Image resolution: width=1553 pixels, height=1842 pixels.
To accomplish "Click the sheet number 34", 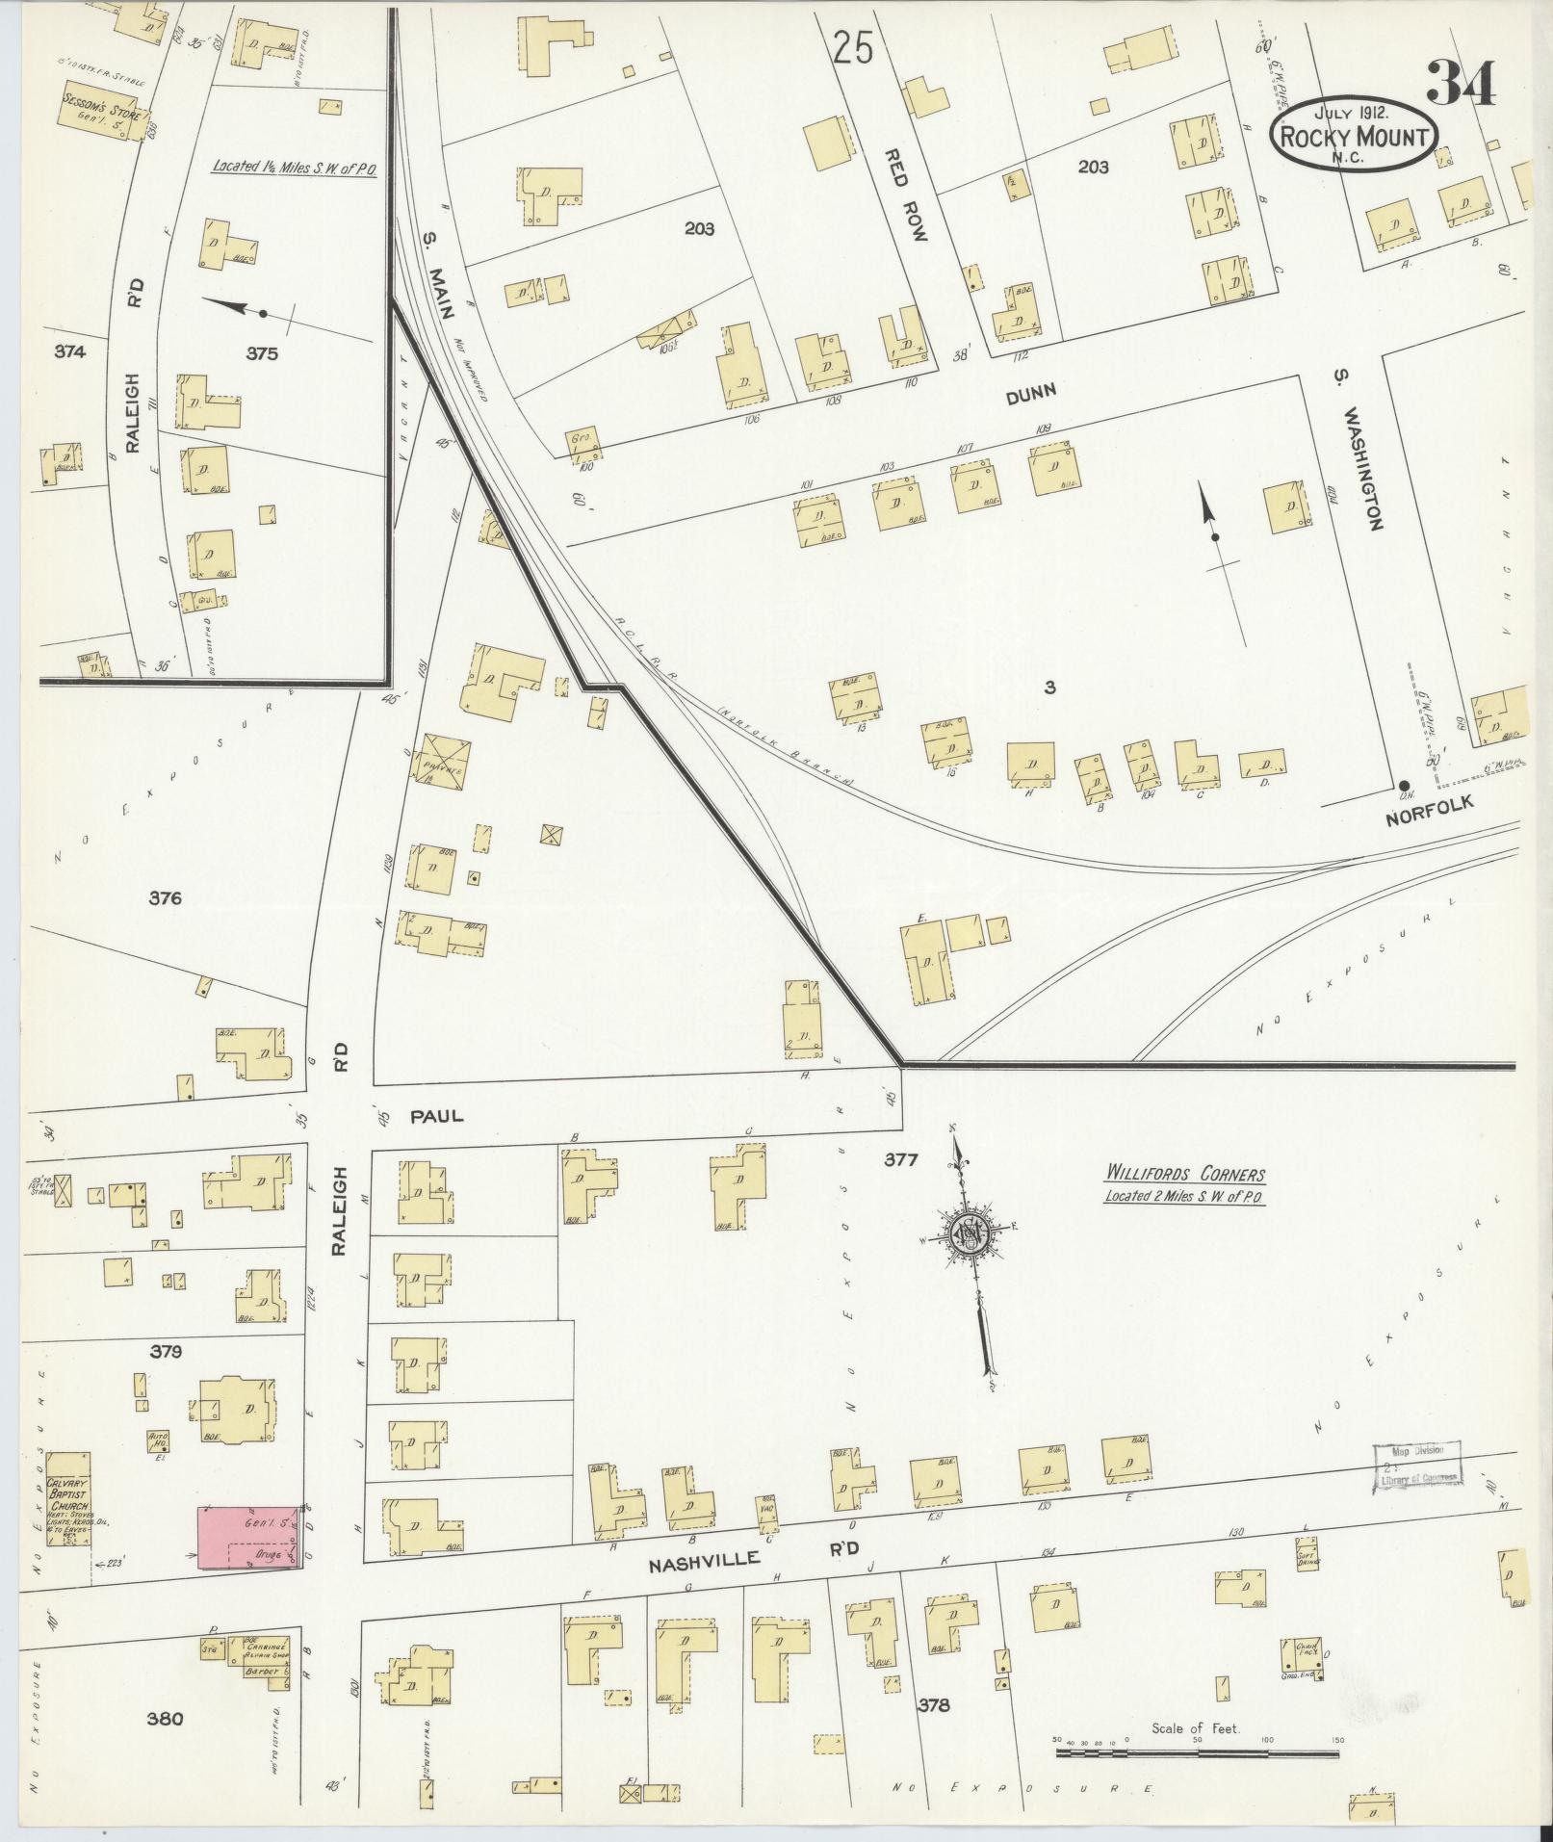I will point(1461,84).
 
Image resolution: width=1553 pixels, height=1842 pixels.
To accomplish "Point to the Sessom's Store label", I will point(101,106).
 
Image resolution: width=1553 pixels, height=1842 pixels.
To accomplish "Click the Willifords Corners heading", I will point(1183,1175).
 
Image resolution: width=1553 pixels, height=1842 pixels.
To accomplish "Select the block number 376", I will point(166,898).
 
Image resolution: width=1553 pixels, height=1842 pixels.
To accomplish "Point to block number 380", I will point(165,1718).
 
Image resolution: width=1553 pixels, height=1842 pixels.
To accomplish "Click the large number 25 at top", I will point(853,46).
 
